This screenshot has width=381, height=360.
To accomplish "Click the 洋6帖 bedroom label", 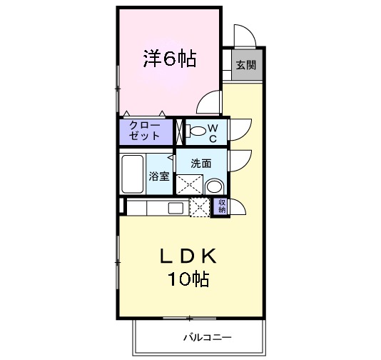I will tap(170, 59).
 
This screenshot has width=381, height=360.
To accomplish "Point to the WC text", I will tap(213, 131).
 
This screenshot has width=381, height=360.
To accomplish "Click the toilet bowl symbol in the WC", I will tap(195, 131).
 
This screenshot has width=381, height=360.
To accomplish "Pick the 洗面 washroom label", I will tap(200, 163).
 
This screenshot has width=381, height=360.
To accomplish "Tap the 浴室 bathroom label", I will tap(158, 176).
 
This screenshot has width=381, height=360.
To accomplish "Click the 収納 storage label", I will tap(221, 206).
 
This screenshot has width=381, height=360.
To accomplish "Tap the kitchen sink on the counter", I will tap(175, 207).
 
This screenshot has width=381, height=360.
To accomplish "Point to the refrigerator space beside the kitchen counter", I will tap(200, 207).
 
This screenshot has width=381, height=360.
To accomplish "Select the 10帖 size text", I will tap(188, 279).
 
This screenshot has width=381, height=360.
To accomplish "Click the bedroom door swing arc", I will tap(210, 104).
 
